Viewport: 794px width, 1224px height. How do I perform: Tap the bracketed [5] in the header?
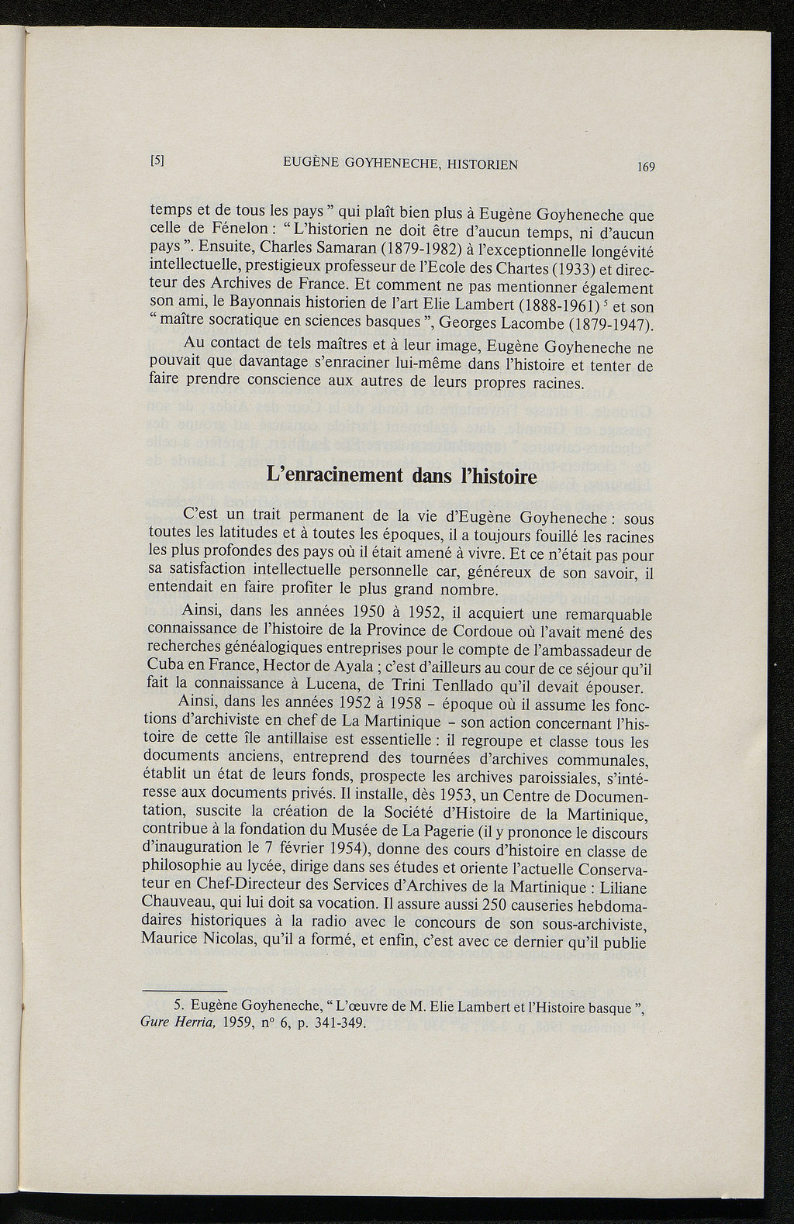(157, 161)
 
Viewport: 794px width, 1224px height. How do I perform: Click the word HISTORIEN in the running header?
(474, 164)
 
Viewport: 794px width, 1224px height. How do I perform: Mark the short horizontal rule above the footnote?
(184, 991)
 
